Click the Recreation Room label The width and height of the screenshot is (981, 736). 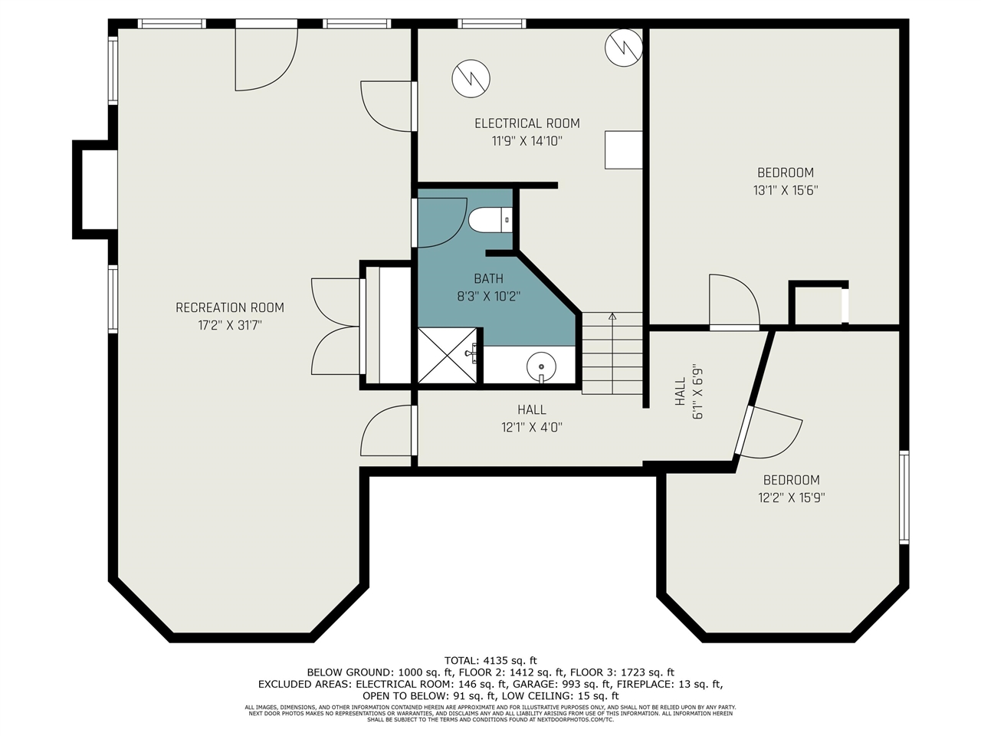(229, 307)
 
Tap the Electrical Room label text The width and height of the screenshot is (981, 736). (527, 123)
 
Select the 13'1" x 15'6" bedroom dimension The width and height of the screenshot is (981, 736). (786, 190)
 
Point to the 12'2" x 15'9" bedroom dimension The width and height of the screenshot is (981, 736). (792, 498)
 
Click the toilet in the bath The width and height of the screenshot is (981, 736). (489, 220)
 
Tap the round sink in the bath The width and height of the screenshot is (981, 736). (541, 366)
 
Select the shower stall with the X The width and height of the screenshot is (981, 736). (447, 355)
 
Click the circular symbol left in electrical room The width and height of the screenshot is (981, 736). (471, 77)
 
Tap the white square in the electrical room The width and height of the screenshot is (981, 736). (623, 149)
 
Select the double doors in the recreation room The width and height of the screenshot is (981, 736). (334, 327)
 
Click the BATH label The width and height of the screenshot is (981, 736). (488, 278)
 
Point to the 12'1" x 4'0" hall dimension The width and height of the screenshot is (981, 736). (532, 428)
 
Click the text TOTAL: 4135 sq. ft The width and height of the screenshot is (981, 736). (490, 660)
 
